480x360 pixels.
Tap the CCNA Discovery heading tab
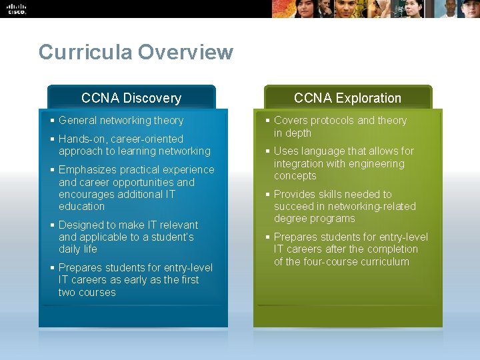coord(131,98)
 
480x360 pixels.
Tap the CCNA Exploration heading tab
coord(347,98)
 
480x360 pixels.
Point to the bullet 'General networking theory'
coord(121,121)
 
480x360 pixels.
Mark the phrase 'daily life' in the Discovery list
coord(78,249)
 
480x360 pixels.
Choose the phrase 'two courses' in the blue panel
coord(87,293)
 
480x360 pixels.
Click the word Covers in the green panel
coord(290,121)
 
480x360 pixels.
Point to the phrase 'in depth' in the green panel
coord(293,133)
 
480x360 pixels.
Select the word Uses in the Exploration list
coord(285,151)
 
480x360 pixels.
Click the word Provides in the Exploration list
coord(296,195)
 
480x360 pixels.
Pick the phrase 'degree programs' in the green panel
coord(314,219)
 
